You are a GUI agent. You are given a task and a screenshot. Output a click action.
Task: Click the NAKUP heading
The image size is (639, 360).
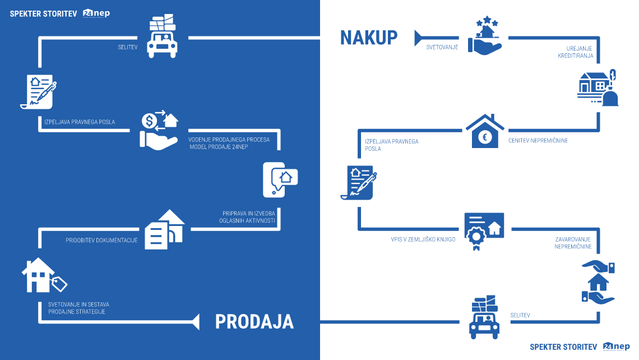[369, 38]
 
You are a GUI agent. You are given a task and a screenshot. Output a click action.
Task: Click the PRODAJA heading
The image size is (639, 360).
[254, 321]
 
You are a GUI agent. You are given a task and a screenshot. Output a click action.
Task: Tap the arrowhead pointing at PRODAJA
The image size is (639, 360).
[196, 321]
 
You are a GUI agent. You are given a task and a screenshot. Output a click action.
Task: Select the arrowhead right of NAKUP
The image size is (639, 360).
[418, 38]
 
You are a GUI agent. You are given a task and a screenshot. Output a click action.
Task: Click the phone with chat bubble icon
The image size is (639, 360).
[280, 179]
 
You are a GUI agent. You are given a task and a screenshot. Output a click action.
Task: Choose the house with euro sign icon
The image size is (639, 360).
[485, 130]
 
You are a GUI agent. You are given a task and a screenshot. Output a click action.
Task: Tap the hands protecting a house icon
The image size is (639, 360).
[598, 283]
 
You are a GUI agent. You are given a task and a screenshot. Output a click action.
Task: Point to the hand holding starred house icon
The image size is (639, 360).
[483, 34]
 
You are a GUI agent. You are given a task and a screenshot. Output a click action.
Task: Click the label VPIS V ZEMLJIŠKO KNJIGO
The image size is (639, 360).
[423, 239]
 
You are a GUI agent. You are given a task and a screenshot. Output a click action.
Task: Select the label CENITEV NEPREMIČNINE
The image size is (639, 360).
[538, 141]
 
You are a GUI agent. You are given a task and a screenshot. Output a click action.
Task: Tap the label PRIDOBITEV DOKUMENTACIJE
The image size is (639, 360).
[101, 240]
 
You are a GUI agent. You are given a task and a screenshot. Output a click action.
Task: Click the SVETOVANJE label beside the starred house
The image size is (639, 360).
[442, 48]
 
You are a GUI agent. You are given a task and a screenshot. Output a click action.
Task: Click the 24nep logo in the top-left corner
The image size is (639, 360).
[96, 13]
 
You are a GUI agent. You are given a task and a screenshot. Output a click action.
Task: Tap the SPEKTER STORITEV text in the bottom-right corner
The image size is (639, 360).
[563, 347]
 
